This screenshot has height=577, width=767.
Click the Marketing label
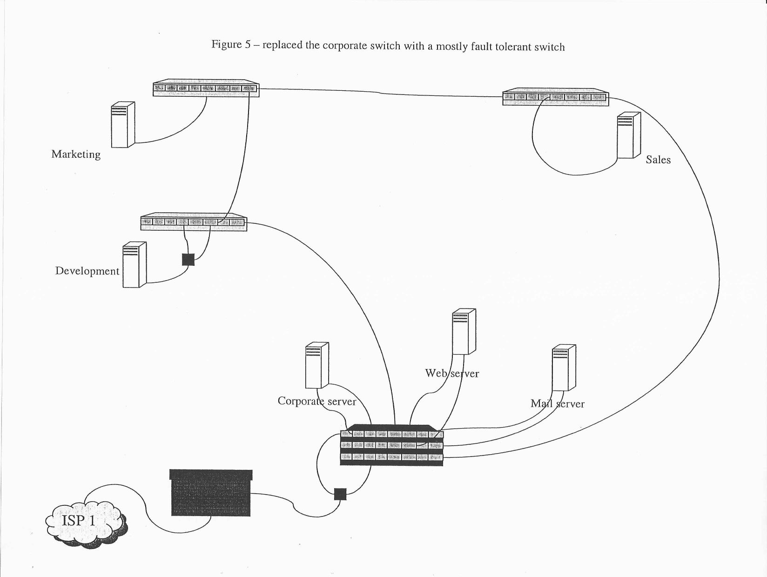[76, 154]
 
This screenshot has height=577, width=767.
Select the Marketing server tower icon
[123, 125]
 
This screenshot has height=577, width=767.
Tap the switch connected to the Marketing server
[206, 88]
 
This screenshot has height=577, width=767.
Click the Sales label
[658, 160]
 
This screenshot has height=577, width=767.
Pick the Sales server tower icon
[629, 135]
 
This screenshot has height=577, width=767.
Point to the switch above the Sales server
[555, 97]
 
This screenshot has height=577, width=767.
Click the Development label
[87, 271]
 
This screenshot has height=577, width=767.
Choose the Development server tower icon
[135, 264]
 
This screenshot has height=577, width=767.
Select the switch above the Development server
[194, 222]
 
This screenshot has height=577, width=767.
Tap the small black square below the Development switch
[188, 260]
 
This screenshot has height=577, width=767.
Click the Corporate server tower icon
[317, 366]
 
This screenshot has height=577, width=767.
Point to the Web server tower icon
[464, 331]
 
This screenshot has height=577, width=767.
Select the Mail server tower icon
[564, 368]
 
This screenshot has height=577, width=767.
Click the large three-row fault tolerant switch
[391, 445]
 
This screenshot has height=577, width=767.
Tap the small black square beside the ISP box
[341, 494]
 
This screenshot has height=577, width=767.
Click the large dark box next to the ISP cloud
[211, 493]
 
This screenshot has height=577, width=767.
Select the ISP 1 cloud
[86, 521]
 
